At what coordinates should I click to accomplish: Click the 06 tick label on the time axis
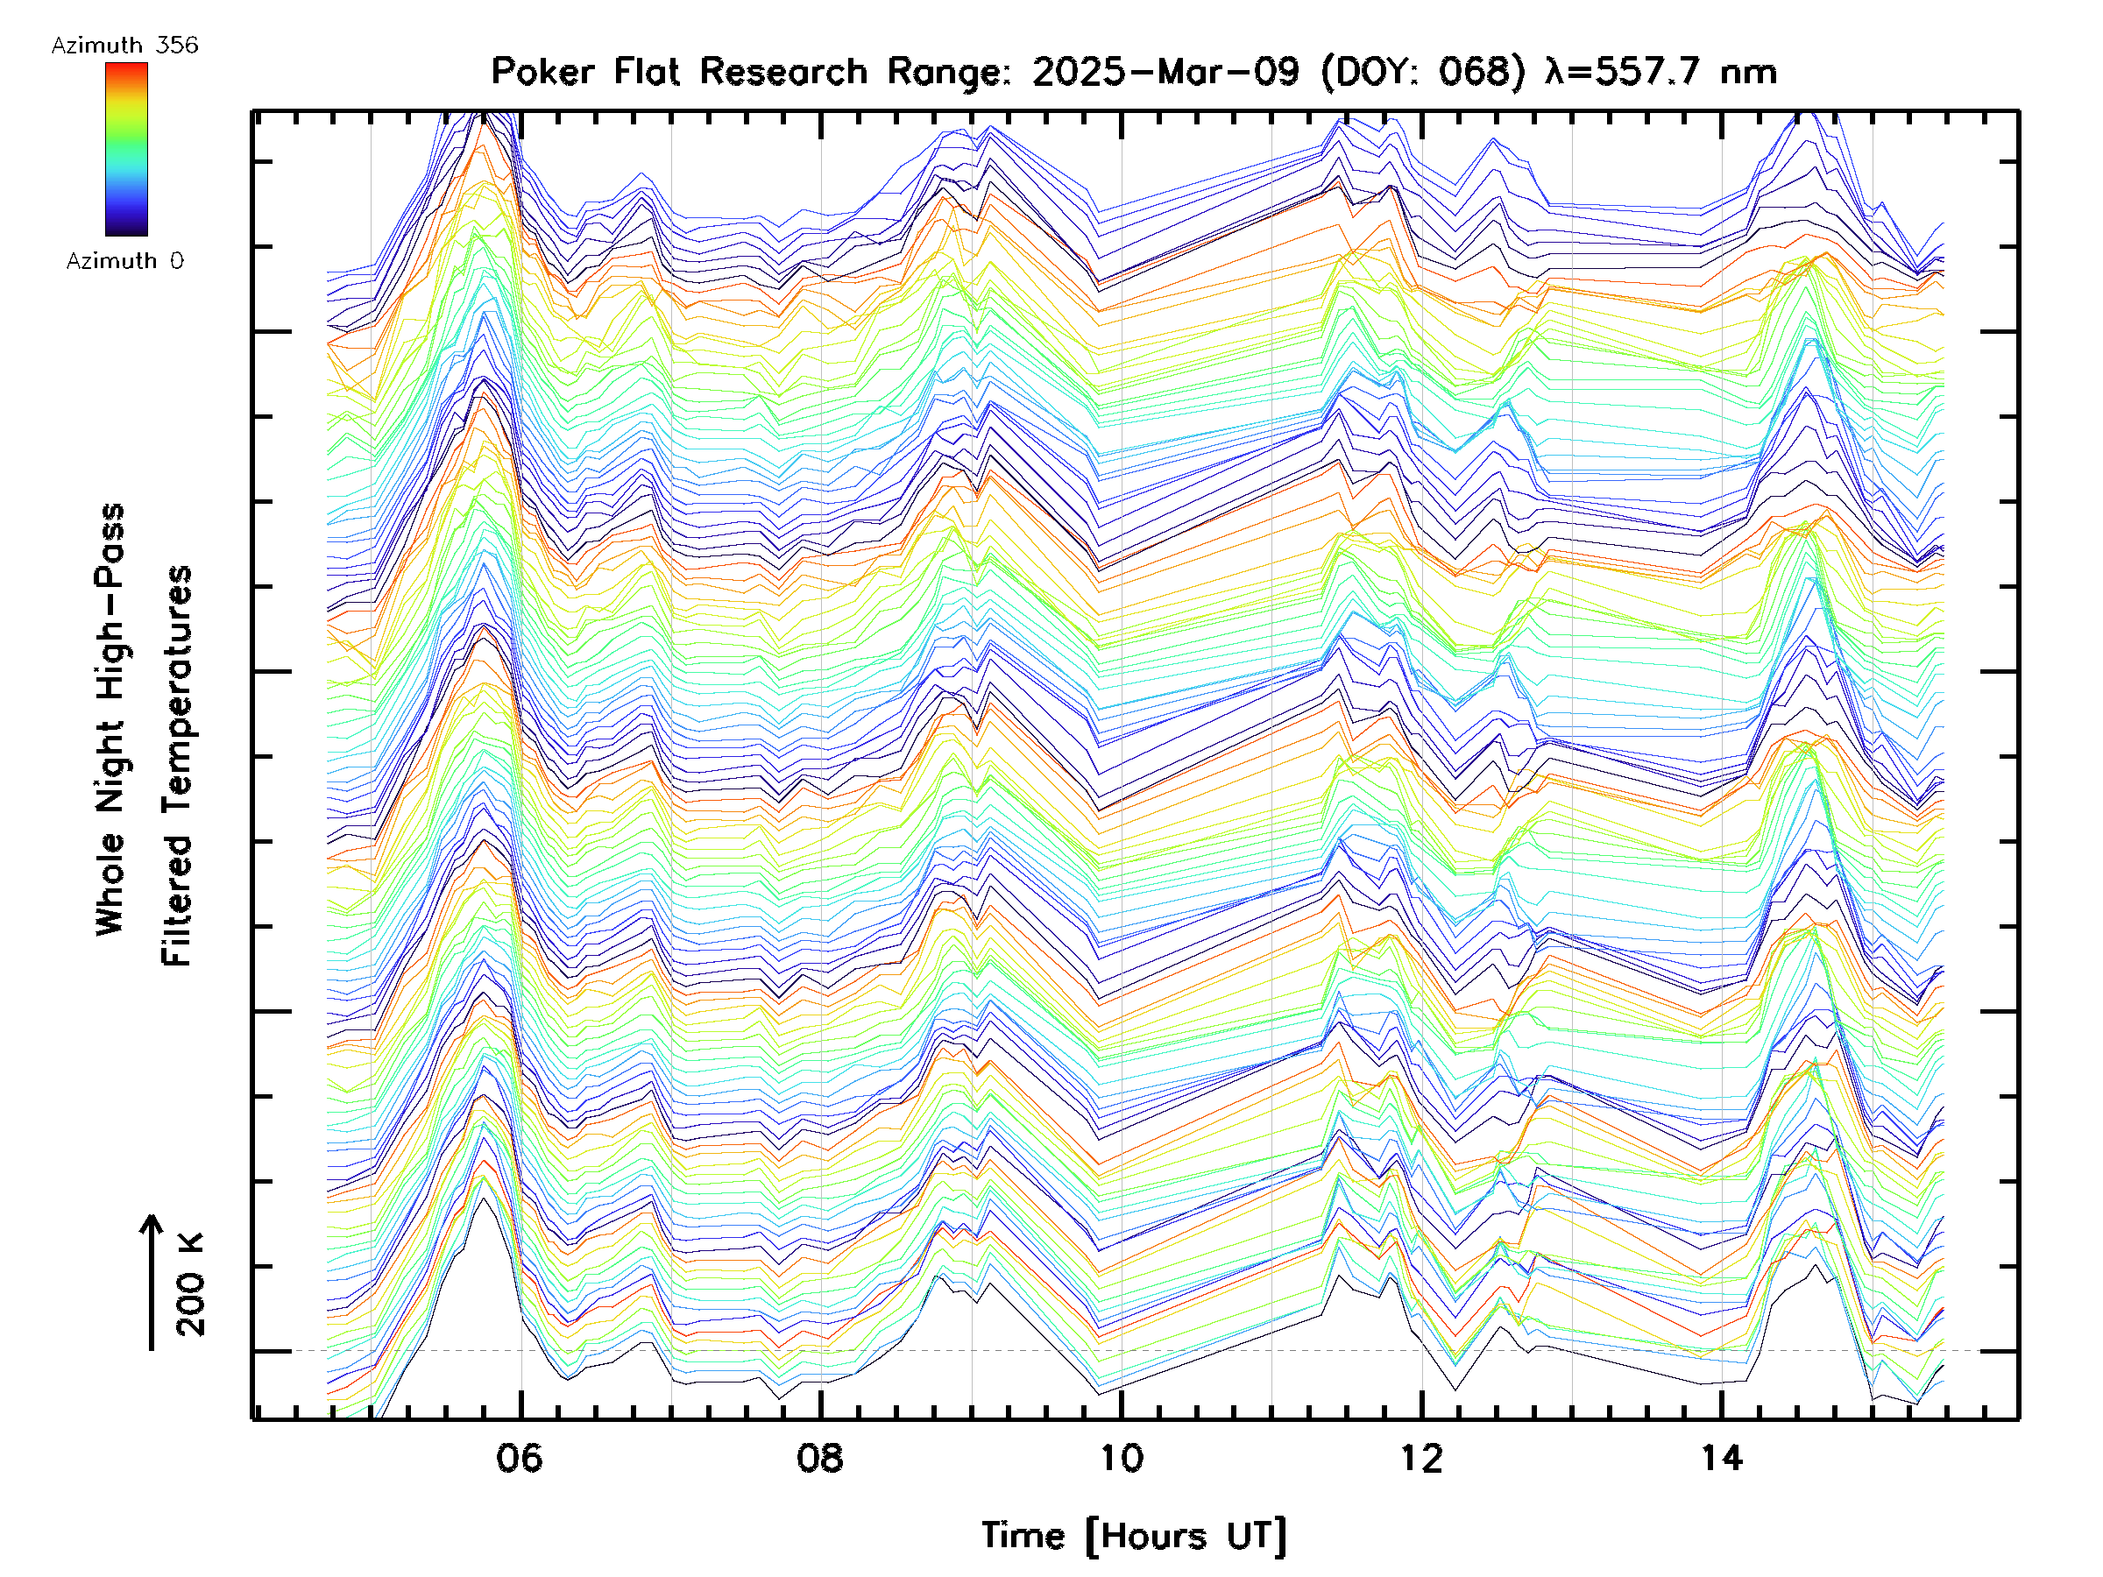pos(519,1457)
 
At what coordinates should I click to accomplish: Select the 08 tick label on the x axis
pos(819,1457)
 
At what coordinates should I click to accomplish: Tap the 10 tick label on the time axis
pos(1121,1457)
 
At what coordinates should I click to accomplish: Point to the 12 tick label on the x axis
pos(1421,1457)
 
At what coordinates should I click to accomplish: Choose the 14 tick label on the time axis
pos(1722,1457)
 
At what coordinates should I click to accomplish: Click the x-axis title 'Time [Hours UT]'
pos(1133,1536)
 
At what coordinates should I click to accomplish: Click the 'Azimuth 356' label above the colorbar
pos(124,46)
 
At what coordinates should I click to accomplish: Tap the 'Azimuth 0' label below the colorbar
pos(124,260)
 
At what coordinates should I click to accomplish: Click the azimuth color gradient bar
pos(126,149)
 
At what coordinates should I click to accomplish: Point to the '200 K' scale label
pos(190,1284)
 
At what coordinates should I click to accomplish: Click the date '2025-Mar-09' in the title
pos(1165,72)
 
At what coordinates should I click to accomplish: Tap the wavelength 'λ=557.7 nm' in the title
pos(1660,72)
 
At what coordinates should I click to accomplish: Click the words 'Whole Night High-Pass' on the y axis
pos(110,718)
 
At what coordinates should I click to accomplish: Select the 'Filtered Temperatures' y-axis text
pos(177,767)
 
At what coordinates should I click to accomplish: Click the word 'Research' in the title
pos(783,72)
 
